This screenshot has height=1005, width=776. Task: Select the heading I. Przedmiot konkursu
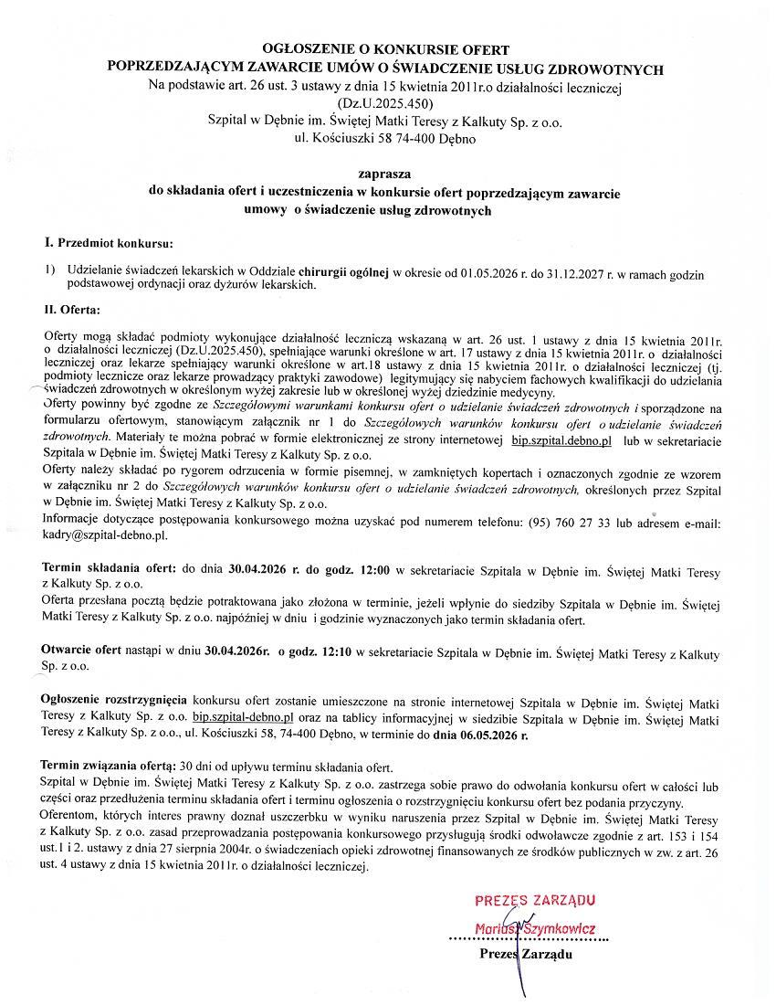(x=109, y=244)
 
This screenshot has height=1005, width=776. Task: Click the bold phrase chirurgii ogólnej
(x=350, y=272)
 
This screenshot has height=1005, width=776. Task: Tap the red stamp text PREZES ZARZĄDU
(x=536, y=901)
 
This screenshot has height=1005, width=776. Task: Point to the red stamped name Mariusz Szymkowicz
(x=536, y=929)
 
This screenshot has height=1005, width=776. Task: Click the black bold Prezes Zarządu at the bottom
(x=527, y=955)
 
